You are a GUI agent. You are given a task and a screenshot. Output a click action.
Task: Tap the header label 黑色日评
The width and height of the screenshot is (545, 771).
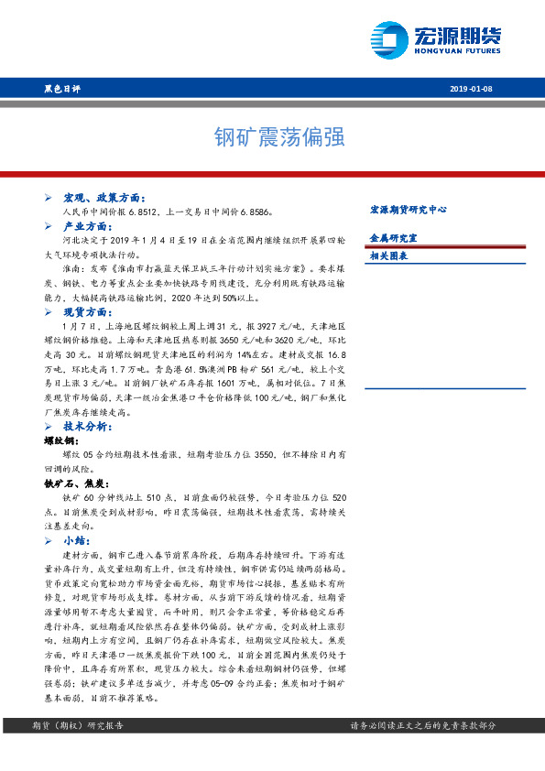(62, 89)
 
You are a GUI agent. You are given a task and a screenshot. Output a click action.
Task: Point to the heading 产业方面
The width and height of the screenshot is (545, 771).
(87, 225)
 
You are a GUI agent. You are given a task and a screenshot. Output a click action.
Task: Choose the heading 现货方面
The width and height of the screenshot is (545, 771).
(87, 312)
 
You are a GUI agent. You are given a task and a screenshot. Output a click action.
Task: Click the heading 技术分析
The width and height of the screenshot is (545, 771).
(87, 427)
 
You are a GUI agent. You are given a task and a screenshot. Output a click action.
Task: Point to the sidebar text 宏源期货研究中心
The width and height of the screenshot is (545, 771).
(407, 210)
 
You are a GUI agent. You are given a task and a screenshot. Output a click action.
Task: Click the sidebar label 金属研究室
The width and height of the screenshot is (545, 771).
(389, 237)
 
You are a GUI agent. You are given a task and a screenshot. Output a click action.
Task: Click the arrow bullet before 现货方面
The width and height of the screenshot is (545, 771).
(49, 312)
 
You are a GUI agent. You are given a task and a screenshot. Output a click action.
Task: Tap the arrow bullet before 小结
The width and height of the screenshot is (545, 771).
(49, 541)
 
